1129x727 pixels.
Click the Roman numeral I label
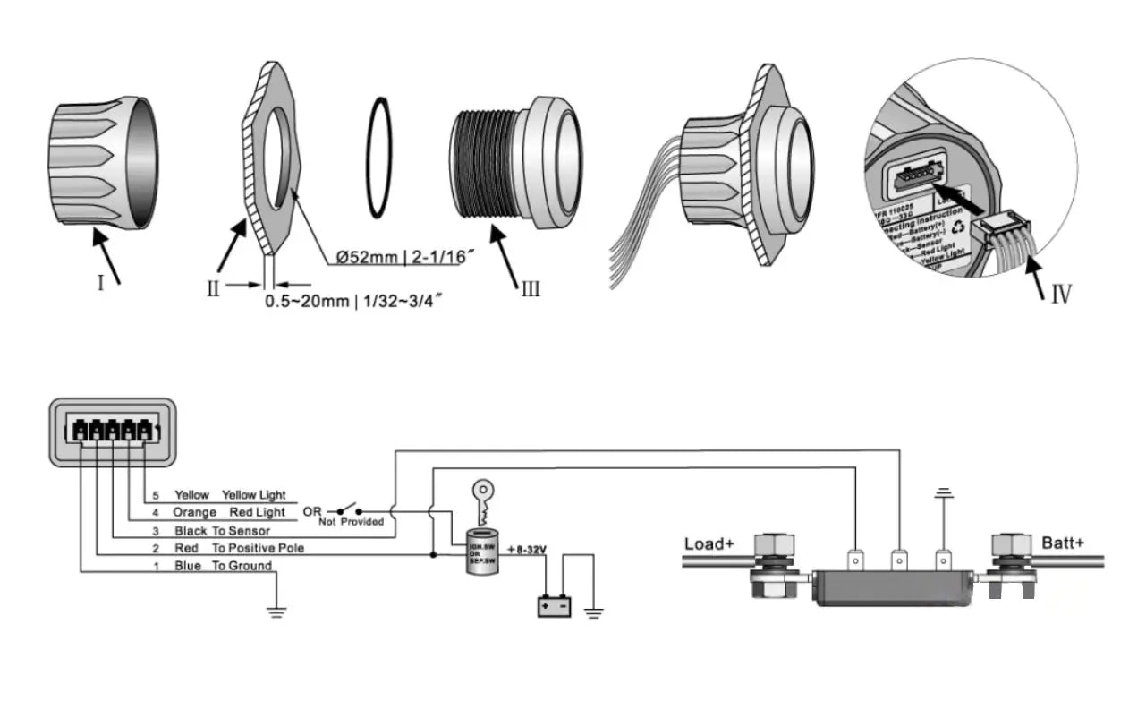[x=100, y=282]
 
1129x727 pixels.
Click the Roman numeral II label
[x=212, y=288]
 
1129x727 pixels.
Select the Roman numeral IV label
[x=1060, y=295]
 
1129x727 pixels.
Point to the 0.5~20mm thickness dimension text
[x=355, y=302]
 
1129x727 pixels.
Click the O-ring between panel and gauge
[x=378, y=158]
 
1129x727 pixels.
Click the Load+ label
[x=710, y=543]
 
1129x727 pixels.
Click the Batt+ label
[x=1062, y=543]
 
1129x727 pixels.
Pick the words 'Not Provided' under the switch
[x=352, y=521]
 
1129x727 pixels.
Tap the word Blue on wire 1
[x=188, y=566]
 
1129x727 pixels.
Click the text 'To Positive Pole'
[x=259, y=548]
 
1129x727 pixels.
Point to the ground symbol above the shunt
[x=941, y=493]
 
